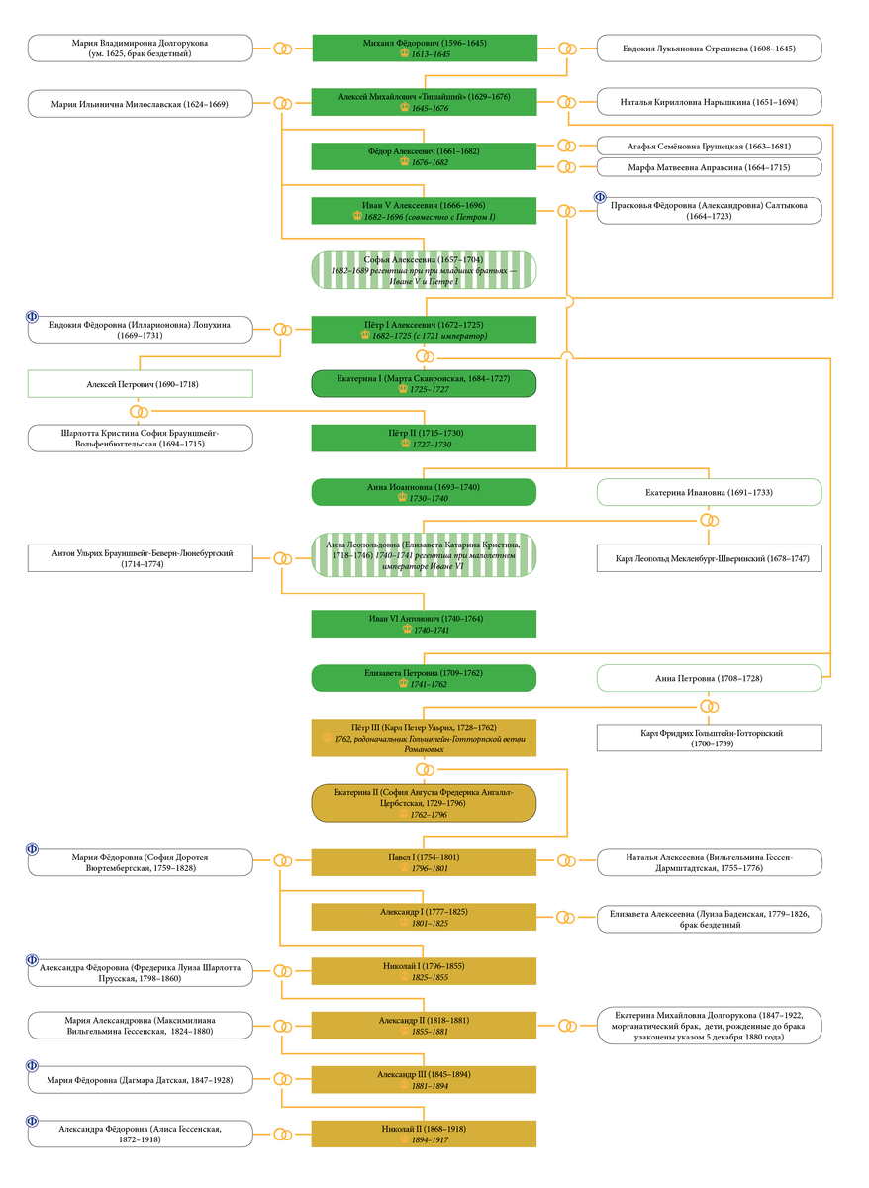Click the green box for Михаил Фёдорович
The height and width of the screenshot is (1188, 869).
(x=425, y=48)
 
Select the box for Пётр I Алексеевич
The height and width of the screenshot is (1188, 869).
(x=424, y=330)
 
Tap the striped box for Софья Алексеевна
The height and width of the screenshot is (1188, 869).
(x=424, y=270)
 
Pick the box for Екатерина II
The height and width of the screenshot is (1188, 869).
(x=424, y=803)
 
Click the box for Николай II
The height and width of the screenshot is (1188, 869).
(x=424, y=1134)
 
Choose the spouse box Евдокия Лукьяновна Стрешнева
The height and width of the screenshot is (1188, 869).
(x=709, y=49)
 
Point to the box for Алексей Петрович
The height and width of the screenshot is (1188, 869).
(x=140, y=383)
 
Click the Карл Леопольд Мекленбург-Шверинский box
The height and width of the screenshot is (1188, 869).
(x=709, y=558)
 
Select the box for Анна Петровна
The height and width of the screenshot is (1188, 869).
(x=709, y=678)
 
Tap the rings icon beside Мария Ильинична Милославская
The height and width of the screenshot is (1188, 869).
(x=283, y=103)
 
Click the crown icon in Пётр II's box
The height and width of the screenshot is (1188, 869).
(x=406, y=443)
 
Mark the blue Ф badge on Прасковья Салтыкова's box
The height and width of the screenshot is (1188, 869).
(x=600, y=197)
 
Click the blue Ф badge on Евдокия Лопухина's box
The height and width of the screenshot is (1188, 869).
(x=32, y=316)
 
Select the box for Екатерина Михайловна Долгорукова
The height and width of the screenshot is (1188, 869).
(x=709, y=1026)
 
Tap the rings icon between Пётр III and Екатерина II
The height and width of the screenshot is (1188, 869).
(x=425, y=769)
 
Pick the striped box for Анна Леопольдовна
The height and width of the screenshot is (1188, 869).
(x=424, y=554)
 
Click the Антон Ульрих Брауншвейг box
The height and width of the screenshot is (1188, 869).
(x=140, y=558)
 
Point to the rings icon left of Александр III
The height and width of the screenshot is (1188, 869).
(x=283, y=1079)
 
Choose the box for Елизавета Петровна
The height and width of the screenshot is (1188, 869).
(x=424, y=678)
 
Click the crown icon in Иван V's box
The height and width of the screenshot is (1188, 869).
(x=357, y=216)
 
